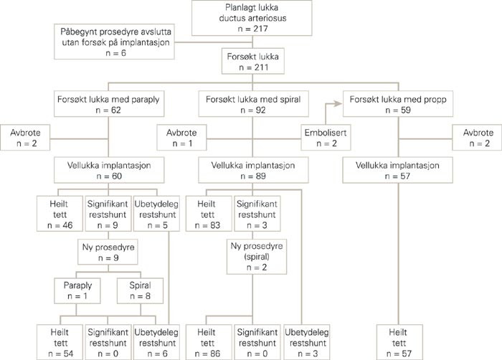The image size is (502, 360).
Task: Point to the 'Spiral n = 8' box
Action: click(x=137, y=293)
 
